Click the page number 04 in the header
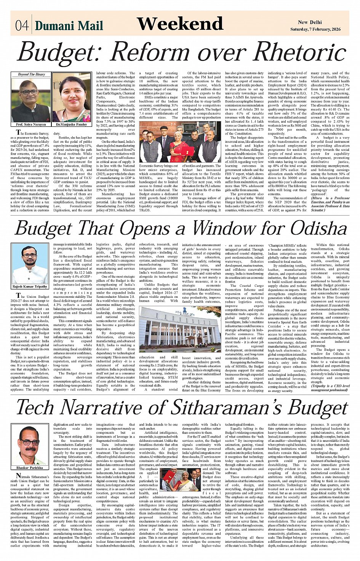click(22, 25)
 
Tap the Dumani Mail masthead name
click(69, 26)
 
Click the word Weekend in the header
click(180, 24)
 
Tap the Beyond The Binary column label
click(31, 74)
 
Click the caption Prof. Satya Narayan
click(30, 125)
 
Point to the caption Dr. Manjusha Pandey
click(72, 125)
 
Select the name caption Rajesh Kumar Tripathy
click(30, 286)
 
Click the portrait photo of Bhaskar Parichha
click(30, 445)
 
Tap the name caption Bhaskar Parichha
click(30, 468)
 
